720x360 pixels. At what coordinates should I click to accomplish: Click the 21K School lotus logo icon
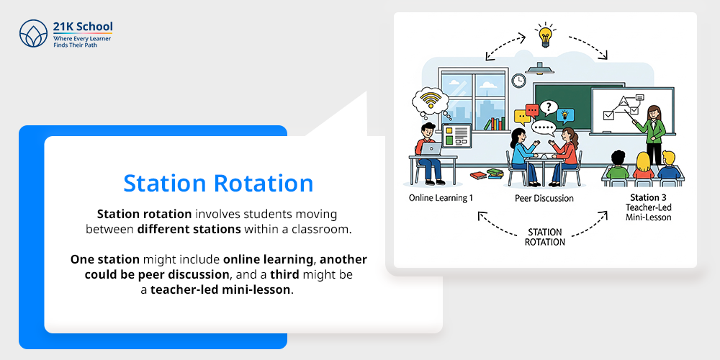[x=34, y=33]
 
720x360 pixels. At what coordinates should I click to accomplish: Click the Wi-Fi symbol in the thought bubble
[x=430, y=100]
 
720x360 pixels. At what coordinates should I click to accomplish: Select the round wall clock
[x=518, y=81]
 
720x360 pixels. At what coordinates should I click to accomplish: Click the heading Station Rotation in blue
[x=218, y=183]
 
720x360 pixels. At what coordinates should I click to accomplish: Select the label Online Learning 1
[x=441, y=198]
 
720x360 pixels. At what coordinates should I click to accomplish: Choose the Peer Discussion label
[x=544, y=199]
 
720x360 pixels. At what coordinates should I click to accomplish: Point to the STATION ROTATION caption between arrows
[x=544, y=236]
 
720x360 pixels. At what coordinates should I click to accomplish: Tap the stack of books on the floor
[x=487, y=174]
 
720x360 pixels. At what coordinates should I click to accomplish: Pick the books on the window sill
[x=495, y=123]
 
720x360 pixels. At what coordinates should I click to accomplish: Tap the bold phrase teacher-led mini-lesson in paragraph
[x=220, y=289]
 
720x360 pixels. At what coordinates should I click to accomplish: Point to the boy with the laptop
[x=428, y=151]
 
